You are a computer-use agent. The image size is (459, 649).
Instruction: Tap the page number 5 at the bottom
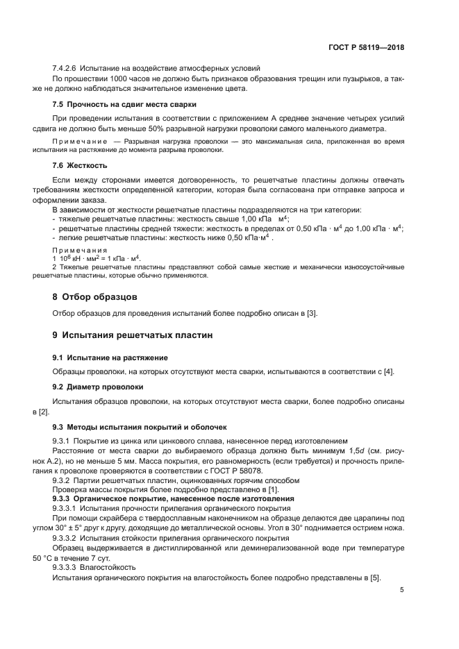tap(402, 590)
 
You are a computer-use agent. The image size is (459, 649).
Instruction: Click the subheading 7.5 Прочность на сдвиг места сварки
tap(124, 104)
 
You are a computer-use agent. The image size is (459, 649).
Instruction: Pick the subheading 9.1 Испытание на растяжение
tap(110, 357)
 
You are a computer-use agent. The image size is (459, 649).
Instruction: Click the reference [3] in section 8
tap(311, 314)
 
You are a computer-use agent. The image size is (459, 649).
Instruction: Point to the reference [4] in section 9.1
tap(389, 371)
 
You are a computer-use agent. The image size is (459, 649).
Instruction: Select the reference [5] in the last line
tap(374, 578)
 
